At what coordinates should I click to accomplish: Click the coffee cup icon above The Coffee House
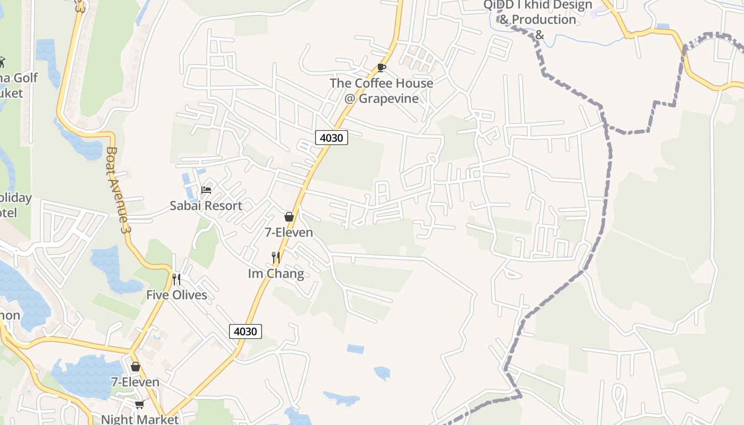381,67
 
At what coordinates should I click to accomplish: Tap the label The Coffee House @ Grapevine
381,91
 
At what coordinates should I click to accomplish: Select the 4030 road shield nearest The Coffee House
332,138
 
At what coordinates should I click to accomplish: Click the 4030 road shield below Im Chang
246,331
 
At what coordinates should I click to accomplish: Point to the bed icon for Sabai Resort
206,190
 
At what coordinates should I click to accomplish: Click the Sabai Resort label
206,206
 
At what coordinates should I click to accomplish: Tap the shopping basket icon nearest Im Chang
289,217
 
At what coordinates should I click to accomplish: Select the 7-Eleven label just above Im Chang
289,233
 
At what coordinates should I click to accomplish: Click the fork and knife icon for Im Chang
276,258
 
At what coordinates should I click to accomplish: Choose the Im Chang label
276,274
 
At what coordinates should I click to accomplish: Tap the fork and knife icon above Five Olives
176,279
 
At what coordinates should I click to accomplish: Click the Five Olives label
176,295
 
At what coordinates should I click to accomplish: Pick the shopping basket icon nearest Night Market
136,367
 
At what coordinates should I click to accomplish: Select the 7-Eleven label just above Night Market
135,382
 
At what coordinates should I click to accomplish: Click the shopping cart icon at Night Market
139,405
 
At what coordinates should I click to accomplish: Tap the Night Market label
140,419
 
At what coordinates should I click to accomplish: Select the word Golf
26,78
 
